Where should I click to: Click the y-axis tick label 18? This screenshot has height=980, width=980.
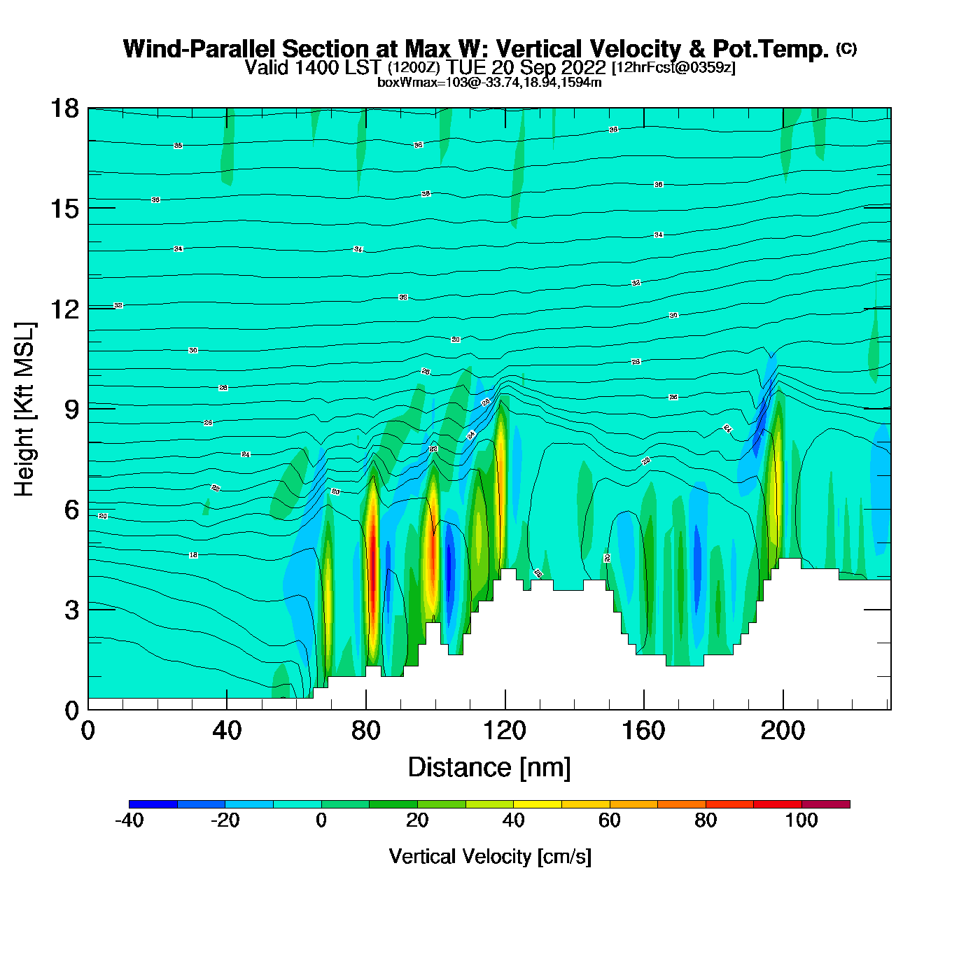pyautogui.click(x=64, y=108)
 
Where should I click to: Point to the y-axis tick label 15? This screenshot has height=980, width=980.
pyautogui.click(x=64, y=209)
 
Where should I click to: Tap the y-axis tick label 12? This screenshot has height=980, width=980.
pyautogui.click(x=64, y=309)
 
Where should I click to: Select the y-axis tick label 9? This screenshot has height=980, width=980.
pyautogui.click(x=71, y=409)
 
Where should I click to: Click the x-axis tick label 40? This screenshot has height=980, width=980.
pyautogui.click(x=227, y=731)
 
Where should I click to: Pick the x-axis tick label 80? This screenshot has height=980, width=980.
pyautogui.click(x=365, y=731)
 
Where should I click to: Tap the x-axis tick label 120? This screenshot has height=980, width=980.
pyautogui.click(x=504, y=731)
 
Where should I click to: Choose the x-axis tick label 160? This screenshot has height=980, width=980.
pyautogui.click(x=643, y=731)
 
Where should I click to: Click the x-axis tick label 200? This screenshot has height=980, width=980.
pyautogui.click(x=783, y=731)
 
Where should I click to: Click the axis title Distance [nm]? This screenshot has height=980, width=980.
pyautogui.click(x=489, y=768)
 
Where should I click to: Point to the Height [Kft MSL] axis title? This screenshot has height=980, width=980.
pyautogui.click(x=24, y=409)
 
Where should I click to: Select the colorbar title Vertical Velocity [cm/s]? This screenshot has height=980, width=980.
pyautogui.click(x=490, y=856)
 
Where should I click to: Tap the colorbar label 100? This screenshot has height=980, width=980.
pyautogui.click(x=801, y=820)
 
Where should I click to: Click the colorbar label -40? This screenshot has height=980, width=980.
pyautogui.click(x=129, y=820)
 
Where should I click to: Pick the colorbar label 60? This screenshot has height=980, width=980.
pyautogui.click(x=610, y=820)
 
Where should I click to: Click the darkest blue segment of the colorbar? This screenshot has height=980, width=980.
pyautogui.click(x=153, y=804)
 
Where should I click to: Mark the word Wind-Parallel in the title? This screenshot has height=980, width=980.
pyautogui.click(x=200, y=49)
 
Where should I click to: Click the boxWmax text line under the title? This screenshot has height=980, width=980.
pyautogui.click(x=489, y=83)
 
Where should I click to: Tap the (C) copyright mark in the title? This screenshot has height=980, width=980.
pyautogui.click(x=846, y=48)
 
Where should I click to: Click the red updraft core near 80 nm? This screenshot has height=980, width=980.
pyautogui.click(x=373, y=560)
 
